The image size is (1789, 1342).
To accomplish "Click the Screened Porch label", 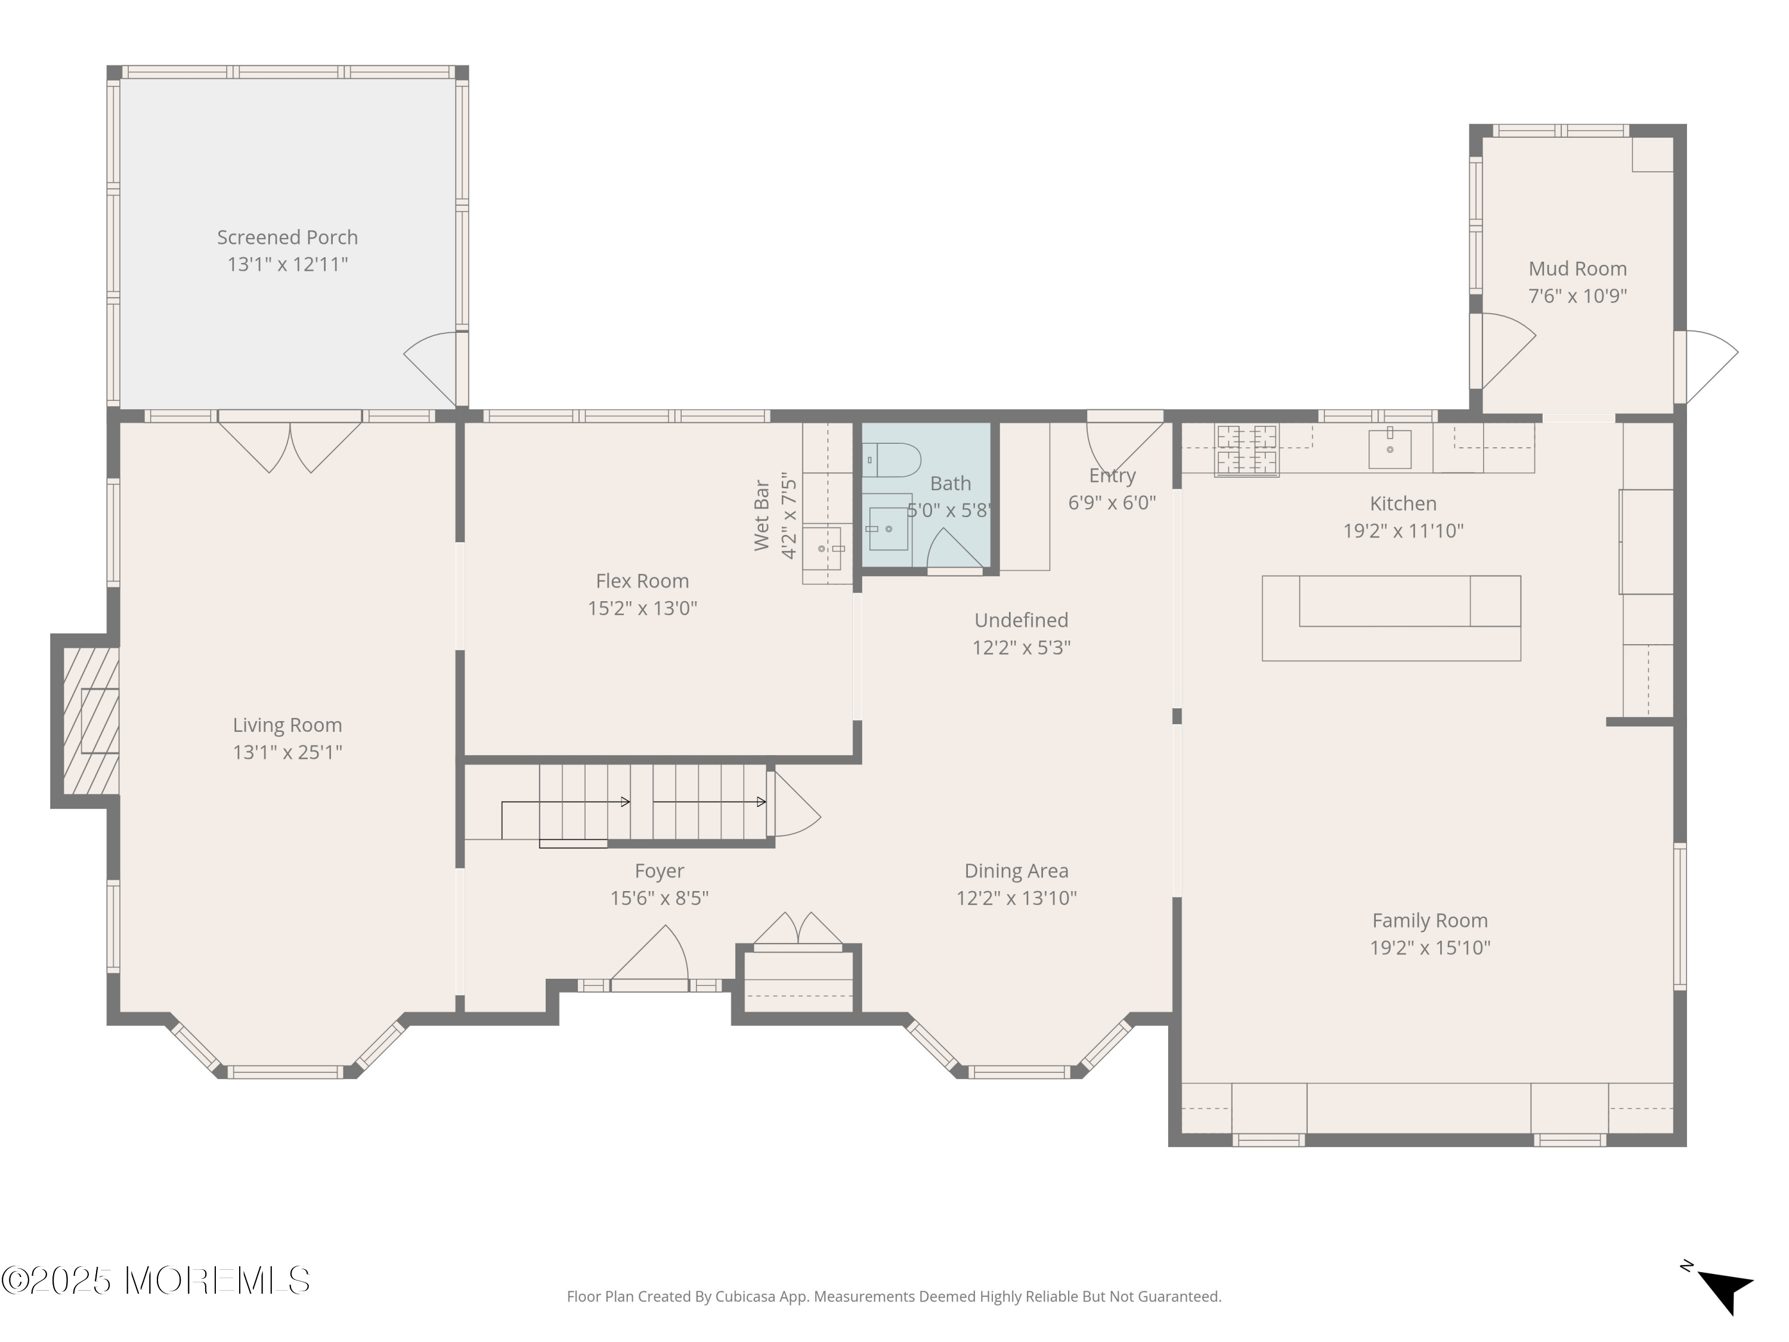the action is click(287, 237).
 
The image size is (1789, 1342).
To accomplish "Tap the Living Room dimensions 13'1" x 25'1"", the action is click(287, 752).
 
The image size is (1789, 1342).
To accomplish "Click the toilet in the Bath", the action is click(892, 459).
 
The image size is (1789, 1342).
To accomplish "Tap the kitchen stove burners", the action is click(1246, 450).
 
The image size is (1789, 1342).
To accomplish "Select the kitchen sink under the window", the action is click(1389, 449).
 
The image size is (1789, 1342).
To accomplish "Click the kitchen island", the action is click(1391, 618).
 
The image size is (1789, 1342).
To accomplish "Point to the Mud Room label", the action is click(1577, 268).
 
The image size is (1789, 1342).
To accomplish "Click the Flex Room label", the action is click(642, 581).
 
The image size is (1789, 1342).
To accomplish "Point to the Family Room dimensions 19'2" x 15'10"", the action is click(1430, 947).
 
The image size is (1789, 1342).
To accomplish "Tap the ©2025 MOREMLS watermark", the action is click(155, 1281).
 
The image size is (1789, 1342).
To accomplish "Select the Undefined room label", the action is click(1021, 620).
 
